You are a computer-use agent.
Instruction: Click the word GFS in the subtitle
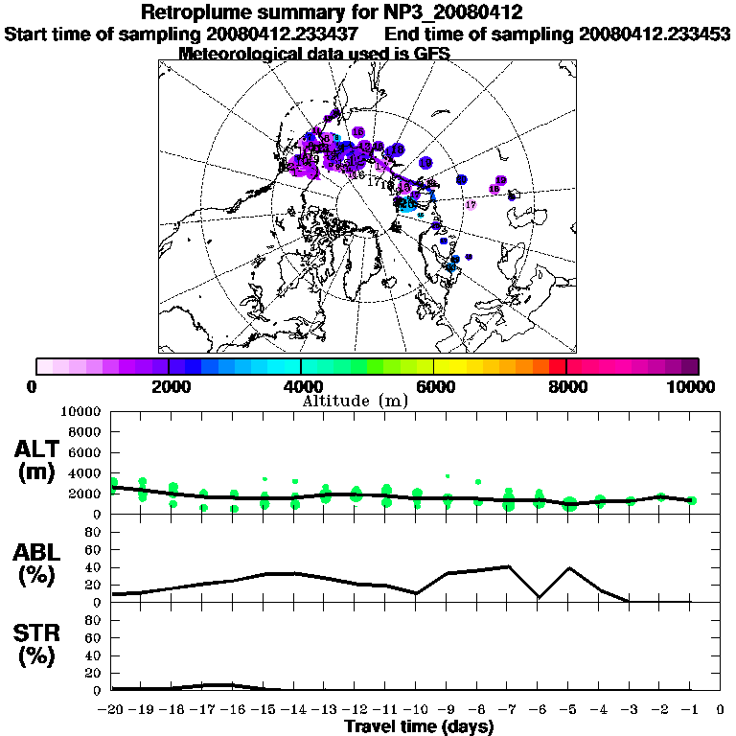(431, 54)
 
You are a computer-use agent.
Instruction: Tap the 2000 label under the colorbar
(169, 387)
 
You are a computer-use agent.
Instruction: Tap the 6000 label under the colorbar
(434, 387)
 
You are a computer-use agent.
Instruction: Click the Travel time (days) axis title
(419, 726)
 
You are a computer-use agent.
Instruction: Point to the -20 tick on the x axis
(111, 709)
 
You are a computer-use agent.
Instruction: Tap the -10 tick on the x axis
(416, 709)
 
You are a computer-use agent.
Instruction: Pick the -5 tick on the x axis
(568, 709)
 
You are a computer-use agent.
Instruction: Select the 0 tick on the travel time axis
(721, 709)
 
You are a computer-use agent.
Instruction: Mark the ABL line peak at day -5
(569, 567)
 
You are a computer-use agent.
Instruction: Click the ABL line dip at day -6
(539, 597)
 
